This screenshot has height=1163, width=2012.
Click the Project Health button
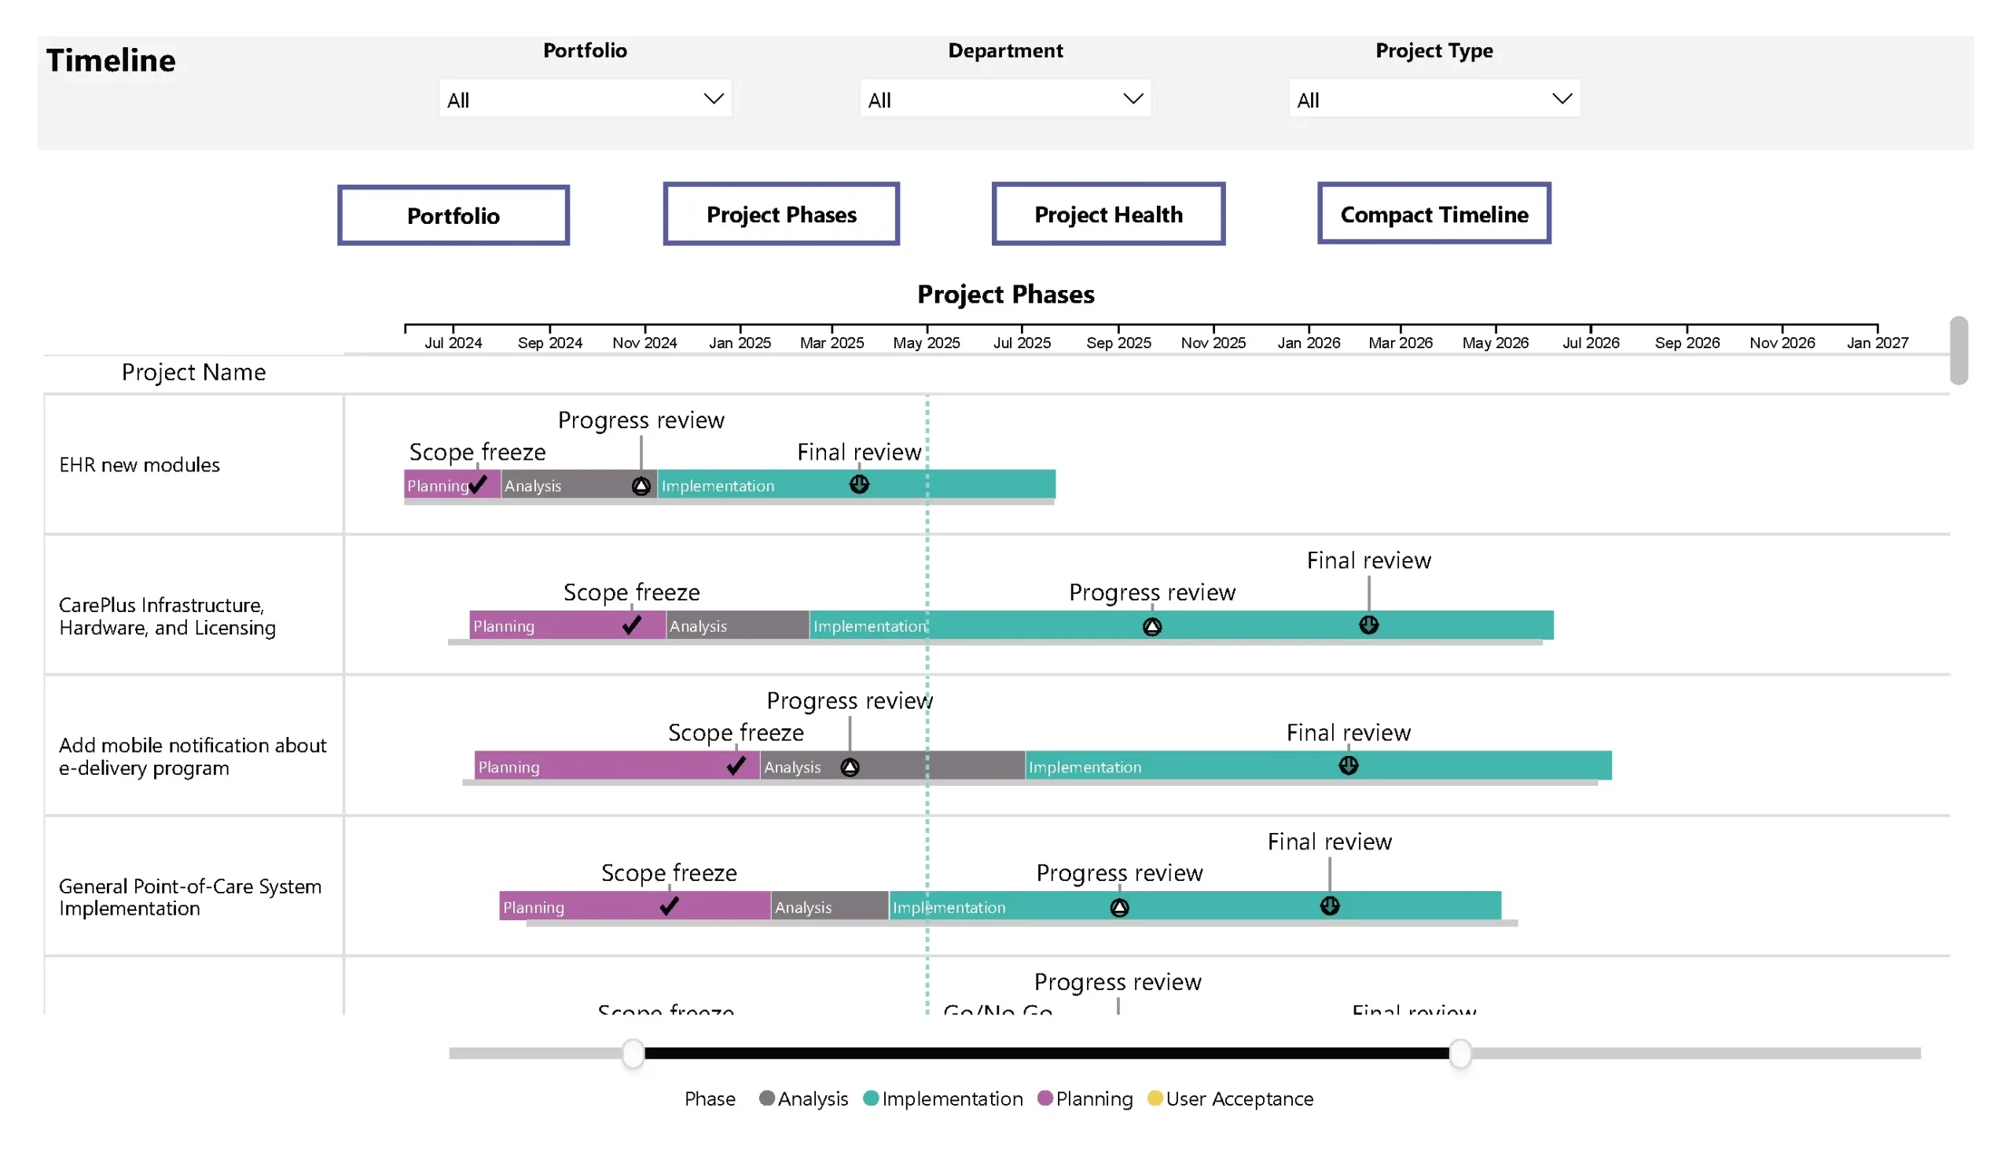click(x=1107, y=214)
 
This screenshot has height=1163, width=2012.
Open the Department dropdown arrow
click(x=1133, y=99)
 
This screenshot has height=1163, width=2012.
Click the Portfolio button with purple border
click(x=453, y=215)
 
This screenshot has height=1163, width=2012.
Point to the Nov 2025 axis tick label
click(x=1213, y=343)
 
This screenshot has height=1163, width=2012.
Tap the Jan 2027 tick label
click(x=1876, y=343)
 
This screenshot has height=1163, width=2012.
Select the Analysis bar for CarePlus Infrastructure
click(x=736, y=625)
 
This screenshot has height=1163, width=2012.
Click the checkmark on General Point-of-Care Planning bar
click(x=669, y=905)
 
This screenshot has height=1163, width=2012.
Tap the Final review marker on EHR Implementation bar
click(x=858, y=484)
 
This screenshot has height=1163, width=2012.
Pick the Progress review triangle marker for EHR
click(x=641, y=486)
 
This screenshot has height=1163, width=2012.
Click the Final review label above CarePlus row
click(x=1368, y=560)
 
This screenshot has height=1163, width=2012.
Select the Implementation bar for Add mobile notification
click(x=1317, y=765)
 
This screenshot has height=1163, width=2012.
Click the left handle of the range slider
click(x=633, y=1053)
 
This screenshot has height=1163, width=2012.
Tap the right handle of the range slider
click(x=1459, y=1053)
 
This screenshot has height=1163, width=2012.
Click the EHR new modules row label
click(x=139, y=464)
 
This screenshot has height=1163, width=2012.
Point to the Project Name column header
click(x=193, y=372)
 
